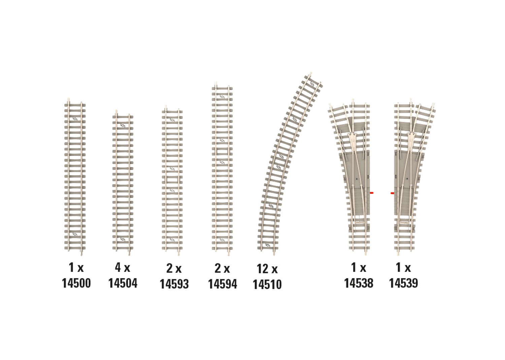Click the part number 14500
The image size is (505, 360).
pyautogui.click(x=76, y=283)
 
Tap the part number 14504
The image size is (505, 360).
pyautogui.click(x=123, y=283)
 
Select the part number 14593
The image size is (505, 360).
pyautogui.click(x=174, y=284)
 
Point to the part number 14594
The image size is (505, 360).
pyautogui.click(x=222, y=284)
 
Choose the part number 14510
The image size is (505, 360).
pyautogui.click(x=267, y=285)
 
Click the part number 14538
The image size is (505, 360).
pyautogui.click(x=359, y=283)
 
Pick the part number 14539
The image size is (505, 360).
pyautogui.click(x=403, y=283)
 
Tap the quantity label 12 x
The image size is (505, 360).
pyautogui.click(x=267, y=269)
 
